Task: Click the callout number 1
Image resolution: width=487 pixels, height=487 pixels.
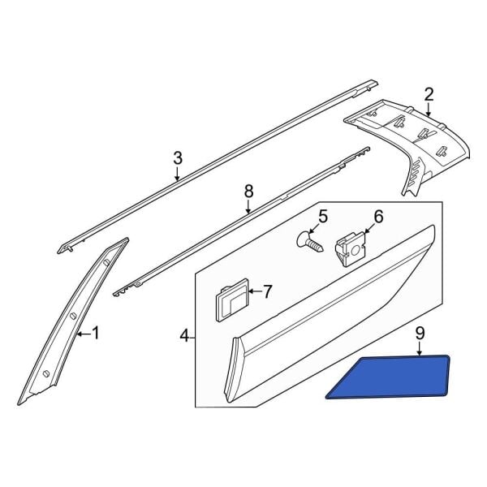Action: point(95,333)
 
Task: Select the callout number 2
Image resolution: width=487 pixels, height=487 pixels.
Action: point(429,95)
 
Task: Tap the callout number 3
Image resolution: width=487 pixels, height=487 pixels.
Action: point(177,158)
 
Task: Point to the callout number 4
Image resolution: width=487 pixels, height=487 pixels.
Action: point(184,336)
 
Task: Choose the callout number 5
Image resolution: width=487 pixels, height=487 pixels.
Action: point(323,217)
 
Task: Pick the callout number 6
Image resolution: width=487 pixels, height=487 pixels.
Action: point(379,217)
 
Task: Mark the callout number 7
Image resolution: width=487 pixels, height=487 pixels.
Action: point(267,291)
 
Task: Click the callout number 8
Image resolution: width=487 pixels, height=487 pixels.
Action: point(249,192)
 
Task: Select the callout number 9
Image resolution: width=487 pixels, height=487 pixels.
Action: point(420,334)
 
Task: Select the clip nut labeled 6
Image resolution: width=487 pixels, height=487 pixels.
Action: point(351,248)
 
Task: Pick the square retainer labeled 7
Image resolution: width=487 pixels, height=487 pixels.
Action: point(232,300)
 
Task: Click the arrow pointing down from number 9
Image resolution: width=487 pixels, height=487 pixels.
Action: point(420,348)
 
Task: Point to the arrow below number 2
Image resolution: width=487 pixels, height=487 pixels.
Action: point(429,110)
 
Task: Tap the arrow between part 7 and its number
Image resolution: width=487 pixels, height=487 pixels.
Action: point(255,291)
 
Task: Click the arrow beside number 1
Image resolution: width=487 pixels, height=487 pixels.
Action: point(84,334)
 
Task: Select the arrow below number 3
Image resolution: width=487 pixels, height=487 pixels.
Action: point(177,174)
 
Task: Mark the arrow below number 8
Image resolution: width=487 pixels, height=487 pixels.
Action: point(248,207)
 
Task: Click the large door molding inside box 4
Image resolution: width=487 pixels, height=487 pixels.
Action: point(330,313)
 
